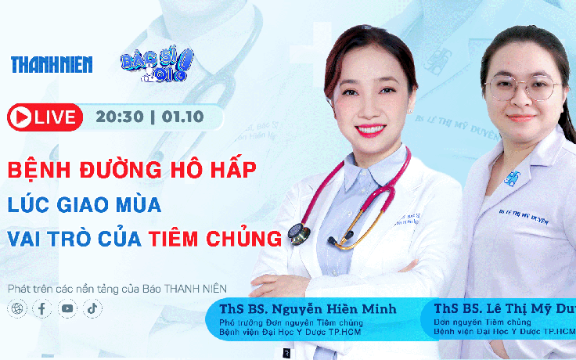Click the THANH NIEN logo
click(51, 65)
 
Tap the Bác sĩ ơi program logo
click(156, 66)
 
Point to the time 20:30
click(120, 117)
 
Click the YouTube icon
click(67, 308)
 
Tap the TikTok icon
click(92, 308)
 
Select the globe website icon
click(16, 308)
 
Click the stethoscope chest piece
click(298, 232)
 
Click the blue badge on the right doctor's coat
click(513, 178)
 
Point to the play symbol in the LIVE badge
click(20, 117)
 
